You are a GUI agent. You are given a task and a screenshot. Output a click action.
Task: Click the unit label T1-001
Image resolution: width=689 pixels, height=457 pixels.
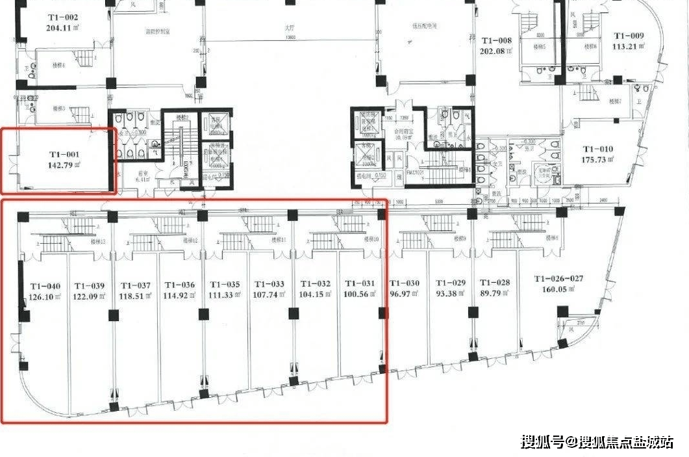(64, 154)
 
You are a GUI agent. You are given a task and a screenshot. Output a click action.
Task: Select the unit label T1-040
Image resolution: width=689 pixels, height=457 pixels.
(45, 285)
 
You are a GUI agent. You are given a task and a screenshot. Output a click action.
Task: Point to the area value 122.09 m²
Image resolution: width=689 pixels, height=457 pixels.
(90, 296)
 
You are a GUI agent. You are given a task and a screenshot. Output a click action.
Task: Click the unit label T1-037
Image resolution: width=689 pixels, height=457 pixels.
(135, 285)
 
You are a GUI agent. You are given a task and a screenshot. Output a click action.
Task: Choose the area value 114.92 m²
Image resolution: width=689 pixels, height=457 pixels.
(180, 296)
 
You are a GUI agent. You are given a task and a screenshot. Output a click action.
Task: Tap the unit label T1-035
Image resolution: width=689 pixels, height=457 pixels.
(225, 285)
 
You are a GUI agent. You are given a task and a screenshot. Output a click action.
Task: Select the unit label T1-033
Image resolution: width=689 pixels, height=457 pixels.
(269, 285)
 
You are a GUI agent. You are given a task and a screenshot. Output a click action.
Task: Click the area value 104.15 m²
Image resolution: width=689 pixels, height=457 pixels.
(315, 295)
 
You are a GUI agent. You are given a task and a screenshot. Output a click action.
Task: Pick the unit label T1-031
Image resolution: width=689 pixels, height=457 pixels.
(360, 283)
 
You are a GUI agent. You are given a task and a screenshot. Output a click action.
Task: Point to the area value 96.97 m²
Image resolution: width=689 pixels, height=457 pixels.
(404, 294)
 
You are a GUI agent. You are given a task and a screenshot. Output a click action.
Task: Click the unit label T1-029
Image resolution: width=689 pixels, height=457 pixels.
(450, 283)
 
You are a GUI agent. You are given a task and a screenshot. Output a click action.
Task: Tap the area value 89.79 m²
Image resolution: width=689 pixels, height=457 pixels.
(495, 294)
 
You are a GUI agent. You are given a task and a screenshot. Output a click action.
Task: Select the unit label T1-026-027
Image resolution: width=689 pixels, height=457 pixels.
(558, 279)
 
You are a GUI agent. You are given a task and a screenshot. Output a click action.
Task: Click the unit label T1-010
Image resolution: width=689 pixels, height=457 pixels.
(597, 149)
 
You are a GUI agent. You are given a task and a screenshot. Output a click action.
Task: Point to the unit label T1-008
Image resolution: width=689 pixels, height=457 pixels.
(496, 40)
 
